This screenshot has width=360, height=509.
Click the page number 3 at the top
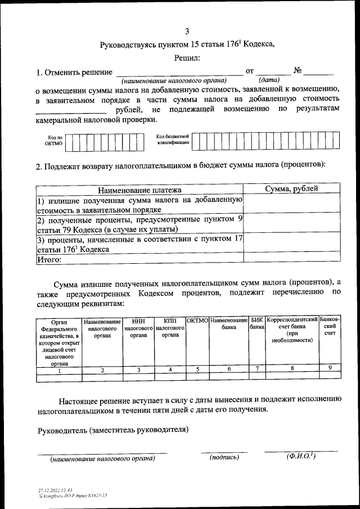(187, 31)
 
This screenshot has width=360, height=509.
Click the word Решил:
(187, 57)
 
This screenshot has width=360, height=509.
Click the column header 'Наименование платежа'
(139, 190)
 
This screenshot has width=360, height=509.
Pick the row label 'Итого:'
(48, 260)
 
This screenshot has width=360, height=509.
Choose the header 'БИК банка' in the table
(257, 323)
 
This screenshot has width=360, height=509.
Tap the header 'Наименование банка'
(229, 323)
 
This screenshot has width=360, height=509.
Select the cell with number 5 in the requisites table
(197, 370)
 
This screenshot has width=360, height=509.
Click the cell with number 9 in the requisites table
(330, 368)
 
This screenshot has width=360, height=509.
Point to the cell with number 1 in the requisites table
(59, 370)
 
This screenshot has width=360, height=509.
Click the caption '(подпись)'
(224, 457)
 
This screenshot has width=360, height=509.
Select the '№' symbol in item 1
(298, 71)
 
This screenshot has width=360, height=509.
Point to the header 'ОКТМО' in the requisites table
(197, 320)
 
